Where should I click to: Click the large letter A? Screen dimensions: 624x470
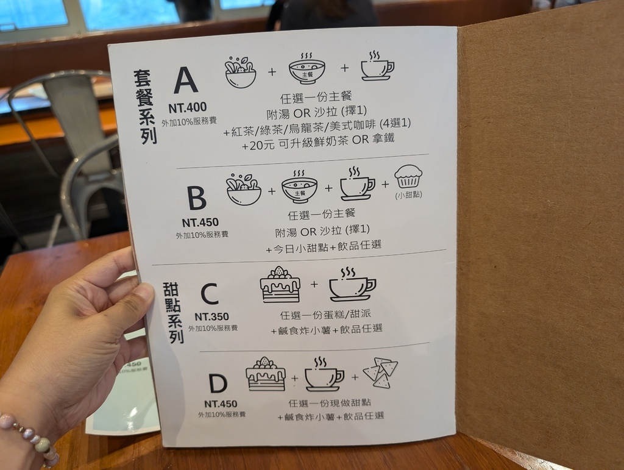pos(186,80)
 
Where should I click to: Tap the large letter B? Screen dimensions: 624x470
pos(197,198)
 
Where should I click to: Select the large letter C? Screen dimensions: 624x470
pos(210,294)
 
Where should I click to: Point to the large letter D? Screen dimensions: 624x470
pos(218,383)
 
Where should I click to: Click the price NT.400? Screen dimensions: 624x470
pos(188,107)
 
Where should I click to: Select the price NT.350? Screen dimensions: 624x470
pos(211,317)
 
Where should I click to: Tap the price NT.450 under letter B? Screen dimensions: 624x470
pos(200,223)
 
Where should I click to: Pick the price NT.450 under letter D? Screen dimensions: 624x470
pos(221,404)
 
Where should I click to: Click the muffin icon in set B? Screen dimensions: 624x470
pos(408,176)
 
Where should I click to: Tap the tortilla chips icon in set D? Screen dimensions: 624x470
pos(380,372)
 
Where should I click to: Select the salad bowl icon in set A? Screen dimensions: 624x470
pos(240,72)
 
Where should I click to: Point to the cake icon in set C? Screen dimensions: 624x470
pos(280,285)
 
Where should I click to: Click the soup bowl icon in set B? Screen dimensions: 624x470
pos(299,187)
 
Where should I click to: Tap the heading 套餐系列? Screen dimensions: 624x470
pos(145,107)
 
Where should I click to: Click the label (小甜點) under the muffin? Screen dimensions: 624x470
pos(409,195)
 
